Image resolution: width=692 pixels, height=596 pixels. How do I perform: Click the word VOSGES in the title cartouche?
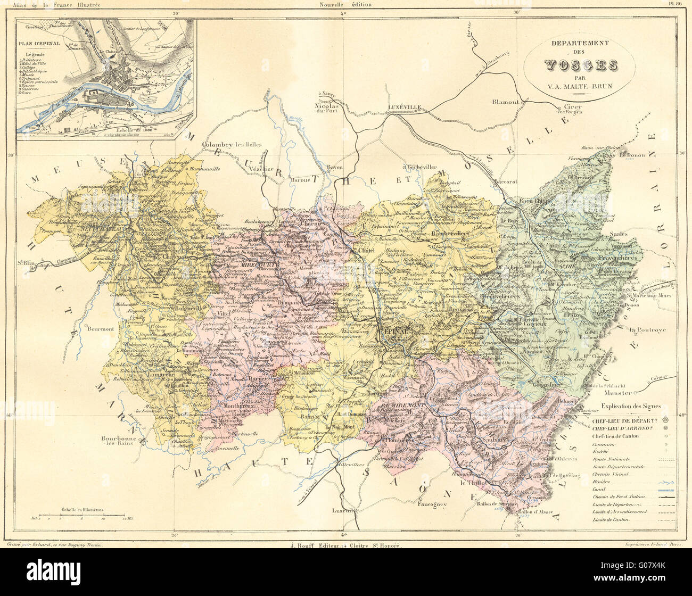point(580,66)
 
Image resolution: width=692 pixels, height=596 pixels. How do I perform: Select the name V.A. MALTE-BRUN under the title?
point(580,88)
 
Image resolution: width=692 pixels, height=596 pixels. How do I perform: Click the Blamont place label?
point(505,102)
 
